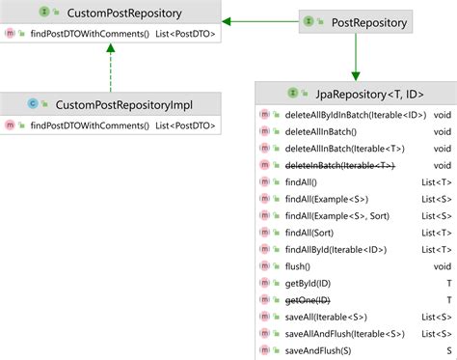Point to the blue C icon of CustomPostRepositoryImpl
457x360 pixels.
pyautogui.click(x=33, y=103)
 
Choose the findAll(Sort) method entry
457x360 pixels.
pyautogui.click(x=311, y=232)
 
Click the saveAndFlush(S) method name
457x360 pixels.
pyautogui.click(x=318, y=349)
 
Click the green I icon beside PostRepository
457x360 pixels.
pyautogui.click(x=309, y=21)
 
